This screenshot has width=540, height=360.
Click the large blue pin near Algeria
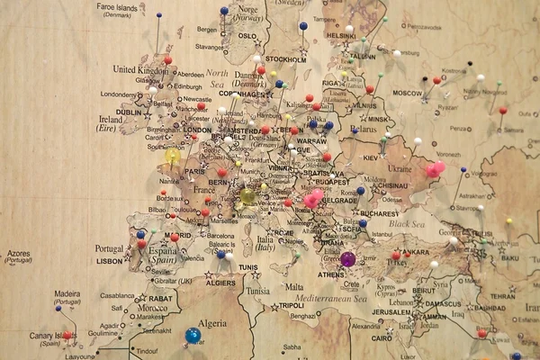click(x=193, y=335)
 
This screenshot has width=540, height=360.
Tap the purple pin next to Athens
click(x=347, y=259)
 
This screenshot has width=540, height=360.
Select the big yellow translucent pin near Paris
click(x=173, y=156)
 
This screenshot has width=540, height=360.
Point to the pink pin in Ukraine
click(x=436, y=168)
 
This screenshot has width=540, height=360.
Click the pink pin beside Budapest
click(x=313, y=198)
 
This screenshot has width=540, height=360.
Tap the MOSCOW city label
click(x=408, y=93)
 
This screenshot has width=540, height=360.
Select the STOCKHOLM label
click(x=286, y=59)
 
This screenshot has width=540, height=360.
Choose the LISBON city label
click(x=109, y=260)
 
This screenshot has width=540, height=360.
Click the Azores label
click(x=18, y=254)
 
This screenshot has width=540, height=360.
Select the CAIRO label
click(x=381, y=338)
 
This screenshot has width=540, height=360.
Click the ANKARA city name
click(x=414, y=252)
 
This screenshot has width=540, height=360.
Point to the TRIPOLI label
click(x=289, y=304)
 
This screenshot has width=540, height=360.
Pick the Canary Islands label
click(x=28, y=336)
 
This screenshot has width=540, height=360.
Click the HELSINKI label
click(x=342, y=36)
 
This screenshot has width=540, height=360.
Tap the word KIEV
click(x=371, y=157)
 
